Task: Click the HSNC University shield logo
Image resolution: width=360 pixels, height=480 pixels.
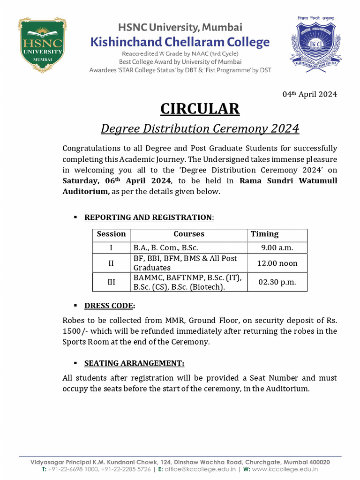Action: point(42,45)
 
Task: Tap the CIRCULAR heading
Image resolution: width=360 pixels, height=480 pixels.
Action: point(200,109)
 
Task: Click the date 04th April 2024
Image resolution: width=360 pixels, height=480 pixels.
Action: point(309,94)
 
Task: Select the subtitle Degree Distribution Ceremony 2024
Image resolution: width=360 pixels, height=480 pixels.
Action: point(200,128)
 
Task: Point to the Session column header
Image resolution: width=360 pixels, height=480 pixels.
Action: point(111,234)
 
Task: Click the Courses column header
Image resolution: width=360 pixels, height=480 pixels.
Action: point(189,234)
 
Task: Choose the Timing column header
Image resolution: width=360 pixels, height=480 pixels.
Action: point(264,234)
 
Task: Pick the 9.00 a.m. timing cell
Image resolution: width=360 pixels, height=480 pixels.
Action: point(277,248)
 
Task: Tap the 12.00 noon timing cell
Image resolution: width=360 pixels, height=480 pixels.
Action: point(277,263)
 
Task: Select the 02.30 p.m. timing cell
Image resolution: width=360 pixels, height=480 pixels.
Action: point(277,282)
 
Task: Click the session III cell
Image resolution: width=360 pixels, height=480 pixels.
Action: point(111,282)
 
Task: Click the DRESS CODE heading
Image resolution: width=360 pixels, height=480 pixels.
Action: point(109,306)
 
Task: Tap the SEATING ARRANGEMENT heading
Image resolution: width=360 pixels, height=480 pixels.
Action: point(134,363)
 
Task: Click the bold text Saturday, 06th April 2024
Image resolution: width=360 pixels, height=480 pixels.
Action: point(117,181)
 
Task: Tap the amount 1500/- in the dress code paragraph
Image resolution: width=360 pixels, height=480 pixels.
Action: point(76,331)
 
